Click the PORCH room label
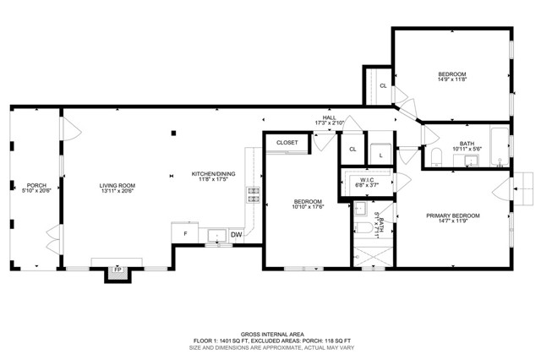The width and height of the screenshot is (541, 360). pyautogui.click(x=36, y=185)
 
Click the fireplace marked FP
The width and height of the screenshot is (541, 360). pyautogui.click(x=117, y=272)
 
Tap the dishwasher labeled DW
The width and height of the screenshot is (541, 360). pyautogui.click(x=236, y=234)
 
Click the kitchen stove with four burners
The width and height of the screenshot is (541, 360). pyautogui.click(x=252, y=195)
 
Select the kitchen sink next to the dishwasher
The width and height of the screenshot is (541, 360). pyautogui.click(x=216, y=236)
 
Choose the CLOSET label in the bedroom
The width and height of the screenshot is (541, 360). pyautogui.click(x=287, y=143)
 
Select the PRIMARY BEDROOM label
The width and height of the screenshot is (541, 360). pyautogui.click(x=452, y=215)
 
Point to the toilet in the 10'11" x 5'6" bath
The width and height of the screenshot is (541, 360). pyautogui.click(x=435, y=158)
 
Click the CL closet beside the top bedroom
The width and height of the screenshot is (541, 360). pyautogui.click(x=383, y=85)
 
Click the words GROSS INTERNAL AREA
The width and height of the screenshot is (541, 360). pyautogui.click(x=270, y=334)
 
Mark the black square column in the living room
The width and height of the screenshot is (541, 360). pyautogui.click(x=173, y=132)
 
